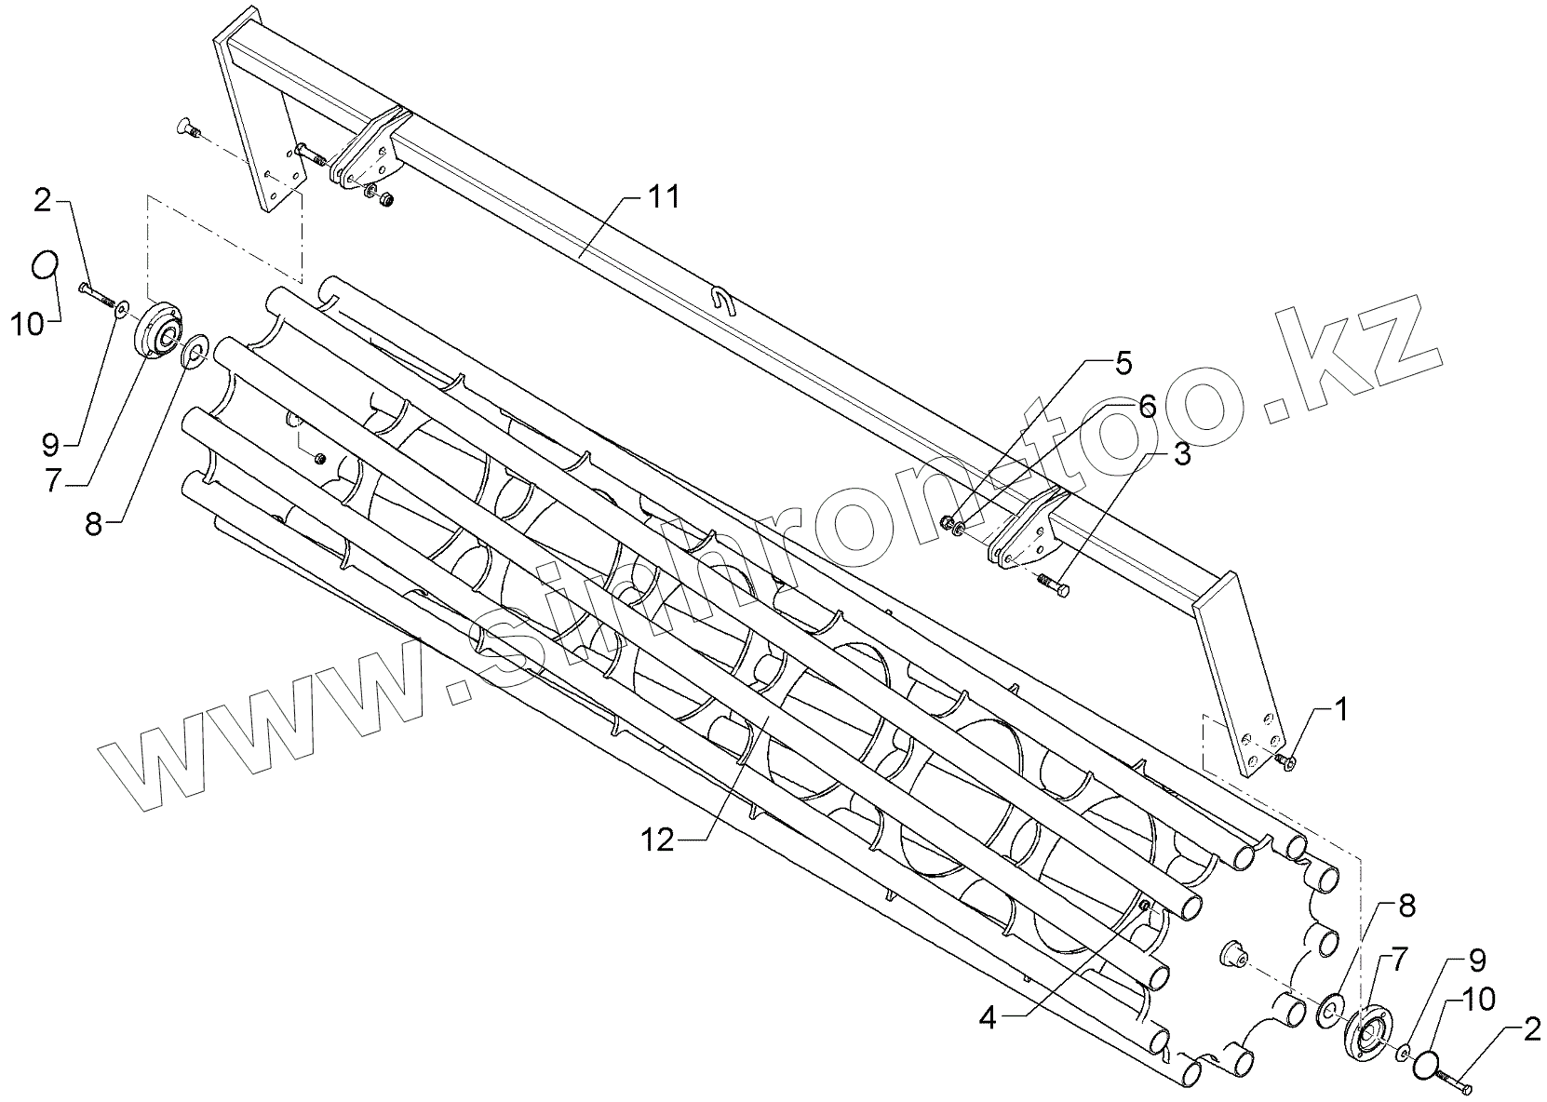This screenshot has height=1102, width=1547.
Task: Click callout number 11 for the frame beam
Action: [x=664, y=198]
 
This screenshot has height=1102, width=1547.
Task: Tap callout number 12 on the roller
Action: [x=656, y=839]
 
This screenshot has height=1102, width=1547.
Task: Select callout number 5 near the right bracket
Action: [x=1123, y=363]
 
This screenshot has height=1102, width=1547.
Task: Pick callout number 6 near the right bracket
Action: [x=1146, y=406]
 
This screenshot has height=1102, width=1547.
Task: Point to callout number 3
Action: [x=1180, y=455]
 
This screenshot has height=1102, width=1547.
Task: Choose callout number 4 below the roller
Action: [x=987, y=1018]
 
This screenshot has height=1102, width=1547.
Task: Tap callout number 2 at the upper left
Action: [x=43, y=199]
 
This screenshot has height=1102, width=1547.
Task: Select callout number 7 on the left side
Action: [x=54, y=481]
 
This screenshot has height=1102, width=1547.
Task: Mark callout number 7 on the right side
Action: [x=1399, y=958]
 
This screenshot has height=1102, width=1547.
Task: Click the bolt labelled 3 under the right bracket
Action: [x=1053, y=584]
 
